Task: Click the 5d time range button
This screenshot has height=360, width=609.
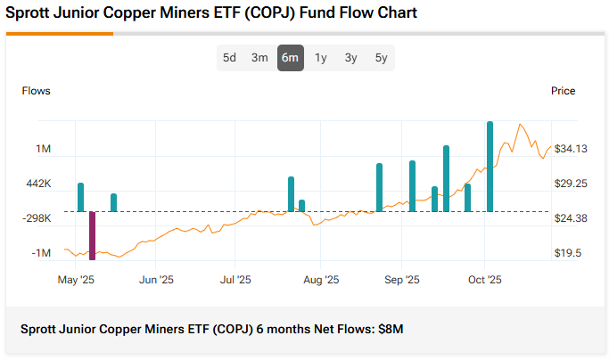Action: (230, 58)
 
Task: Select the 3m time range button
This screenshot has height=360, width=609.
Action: (259, 58)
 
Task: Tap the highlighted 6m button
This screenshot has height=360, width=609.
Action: (290, 58)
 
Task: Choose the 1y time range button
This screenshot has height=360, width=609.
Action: (321, 58)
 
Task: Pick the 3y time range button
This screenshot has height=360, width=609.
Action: (351, 58)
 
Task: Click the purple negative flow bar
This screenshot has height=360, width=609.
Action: (92, 235)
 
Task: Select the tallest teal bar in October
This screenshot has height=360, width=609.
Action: (490, 167)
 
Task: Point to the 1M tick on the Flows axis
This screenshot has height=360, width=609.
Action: (43, 149)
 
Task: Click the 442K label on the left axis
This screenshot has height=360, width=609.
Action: (38, 184)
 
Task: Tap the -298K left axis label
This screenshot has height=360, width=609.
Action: (37, 218)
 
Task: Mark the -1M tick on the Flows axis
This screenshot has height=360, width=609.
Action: (41, 253)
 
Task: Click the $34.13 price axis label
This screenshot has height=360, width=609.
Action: (570, 149)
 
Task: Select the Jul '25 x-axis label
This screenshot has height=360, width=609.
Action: (235, 280)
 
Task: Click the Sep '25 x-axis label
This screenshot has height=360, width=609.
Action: (401, 280)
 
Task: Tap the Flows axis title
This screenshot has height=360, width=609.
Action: (37, 91)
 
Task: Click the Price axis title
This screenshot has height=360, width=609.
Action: (563, 91)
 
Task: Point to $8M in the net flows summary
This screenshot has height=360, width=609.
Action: (391, 329)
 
